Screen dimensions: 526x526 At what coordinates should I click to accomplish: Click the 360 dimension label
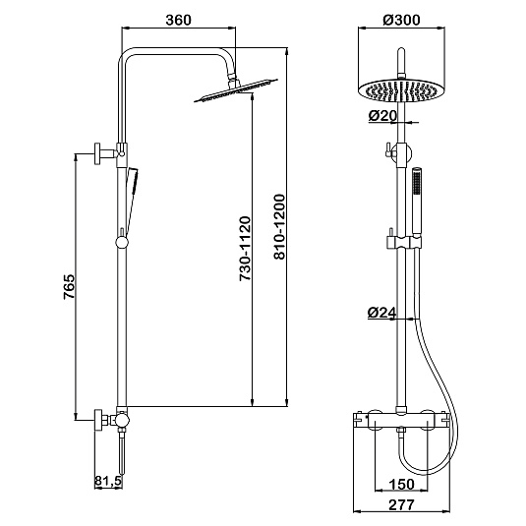(178, 20)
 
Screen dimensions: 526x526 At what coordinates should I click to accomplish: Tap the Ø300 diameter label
(401, 20)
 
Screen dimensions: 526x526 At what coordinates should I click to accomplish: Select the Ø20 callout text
(382, 116)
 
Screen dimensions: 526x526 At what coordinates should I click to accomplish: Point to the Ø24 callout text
(381, 313)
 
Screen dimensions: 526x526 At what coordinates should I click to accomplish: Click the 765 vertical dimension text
(70, 287)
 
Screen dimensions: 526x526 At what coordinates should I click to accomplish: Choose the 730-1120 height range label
(245, 249)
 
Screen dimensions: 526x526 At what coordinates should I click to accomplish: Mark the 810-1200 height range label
(279, 227)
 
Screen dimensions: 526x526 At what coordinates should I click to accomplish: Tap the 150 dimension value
(401, 484)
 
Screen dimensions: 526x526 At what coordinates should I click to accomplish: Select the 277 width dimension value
(401, 504)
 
